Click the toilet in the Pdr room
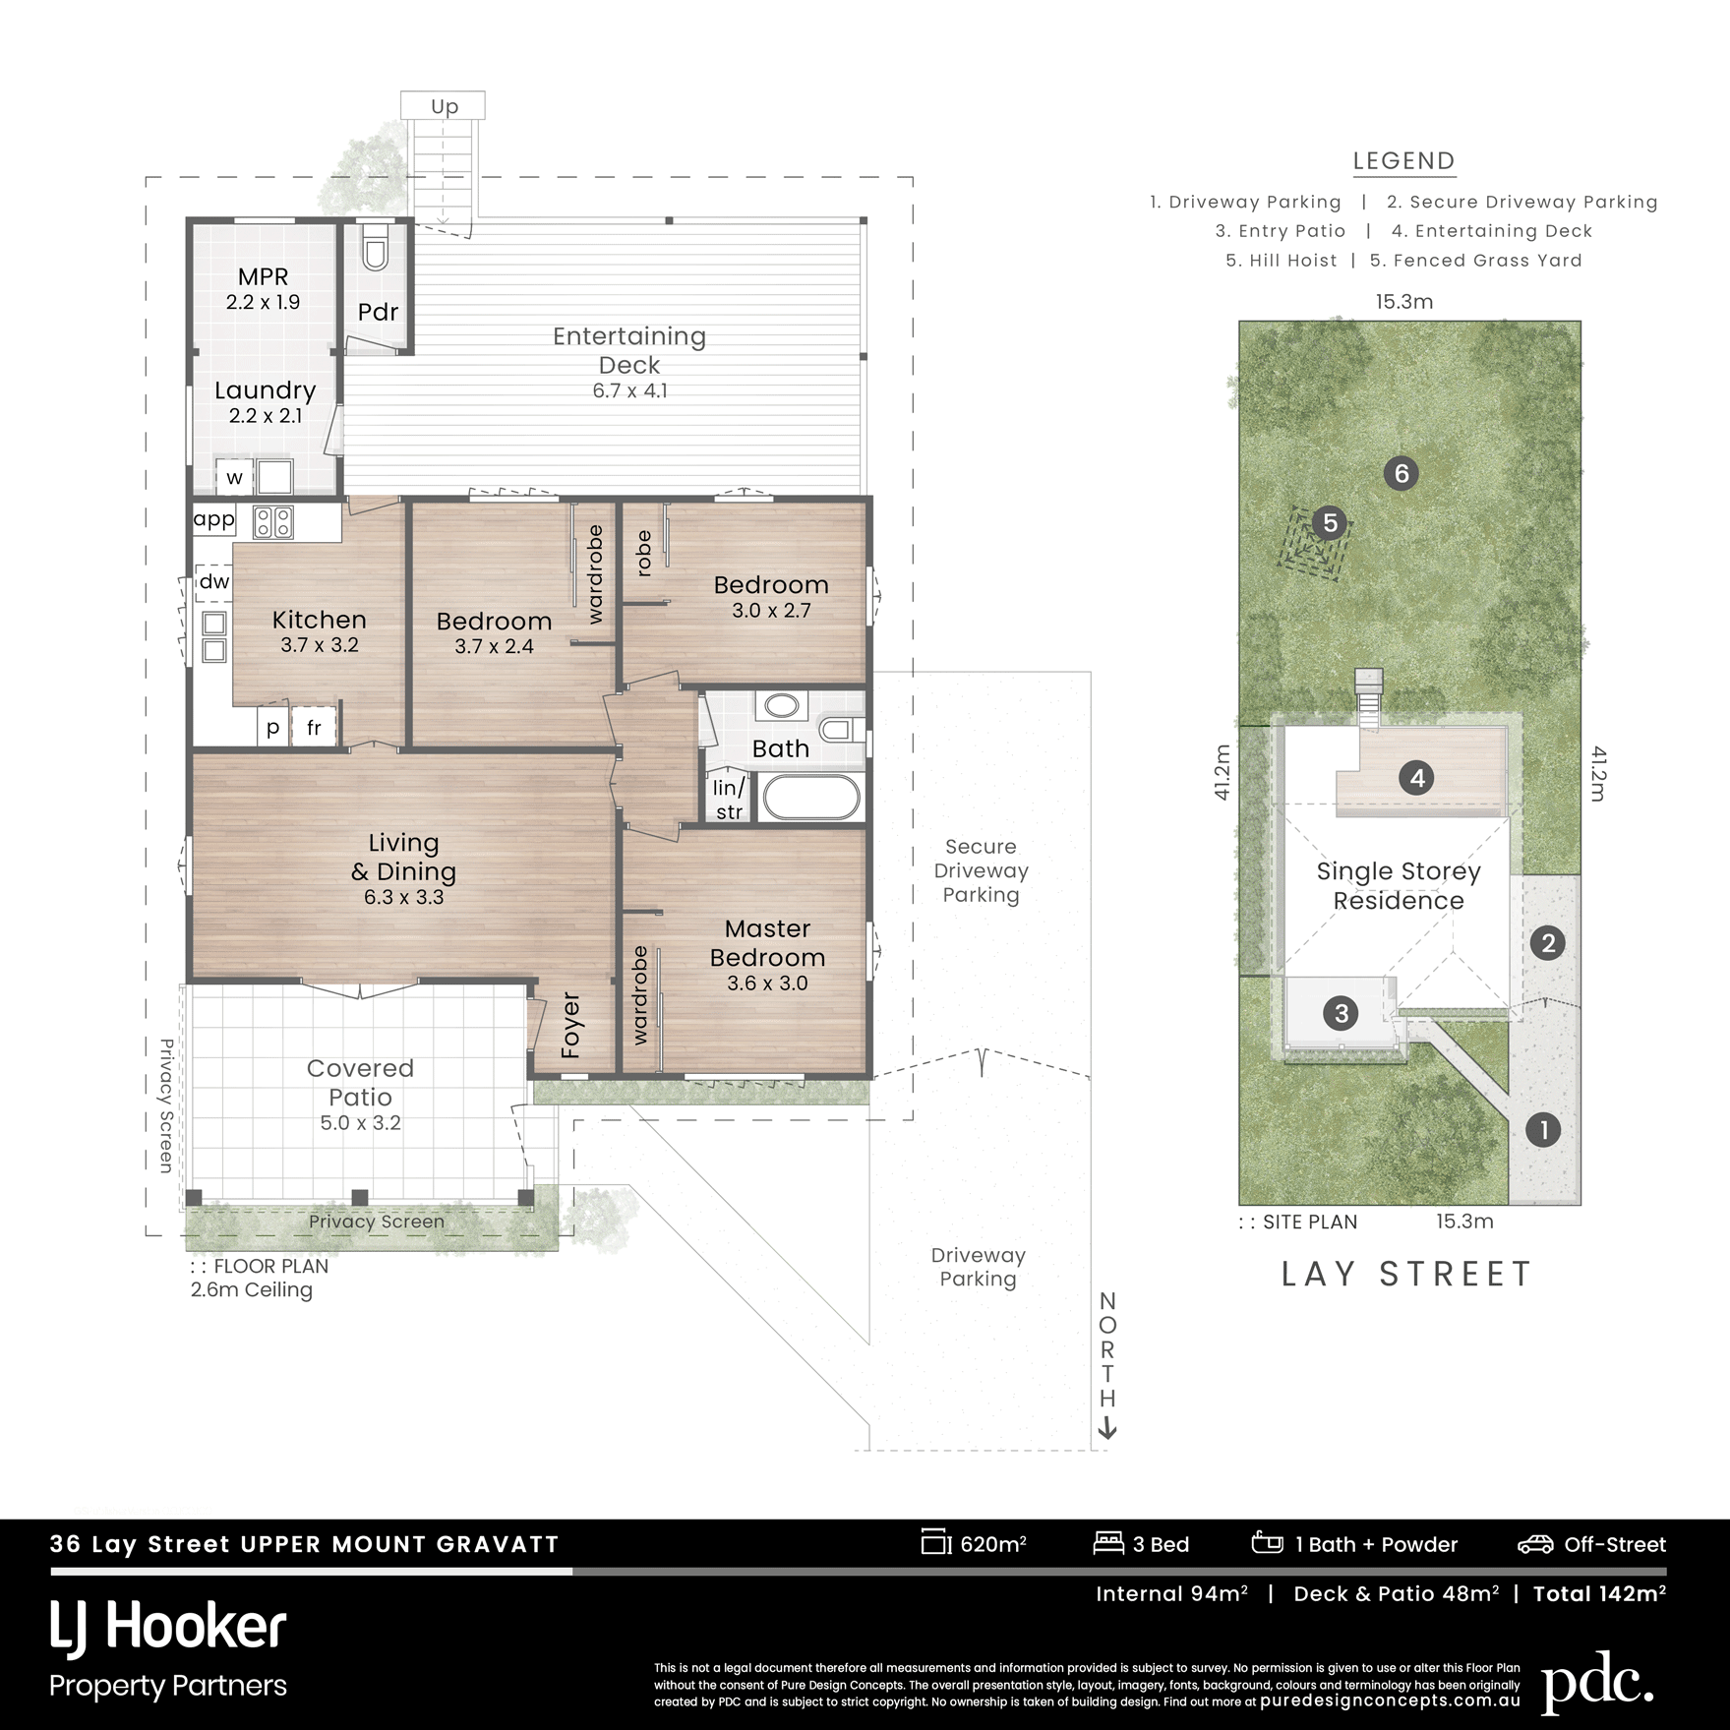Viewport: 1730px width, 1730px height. point(375,248)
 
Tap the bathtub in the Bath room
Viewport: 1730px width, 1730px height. point(812,798)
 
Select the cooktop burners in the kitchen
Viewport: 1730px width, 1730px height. point(273,521)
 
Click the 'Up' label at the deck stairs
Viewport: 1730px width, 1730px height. point(445,106)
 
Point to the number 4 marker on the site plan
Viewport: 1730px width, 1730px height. point(1417,778)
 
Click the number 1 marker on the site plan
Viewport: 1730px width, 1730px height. point(1543,1129)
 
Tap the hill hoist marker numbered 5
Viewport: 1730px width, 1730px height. point(1330,522)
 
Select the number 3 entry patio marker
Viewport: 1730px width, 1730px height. point(1341,1012)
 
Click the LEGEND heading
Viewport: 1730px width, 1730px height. point(1403,161)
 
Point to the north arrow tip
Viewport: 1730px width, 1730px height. point(1107,1439)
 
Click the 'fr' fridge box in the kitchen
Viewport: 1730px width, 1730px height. point(315,728)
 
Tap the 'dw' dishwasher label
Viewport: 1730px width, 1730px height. point(214,581)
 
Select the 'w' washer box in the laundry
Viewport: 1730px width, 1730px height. point(235,478)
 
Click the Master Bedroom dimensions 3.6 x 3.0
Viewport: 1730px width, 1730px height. point(767,983)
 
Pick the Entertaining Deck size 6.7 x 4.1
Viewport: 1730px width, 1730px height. point(629,390)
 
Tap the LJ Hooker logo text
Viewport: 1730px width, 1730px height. point(168,1628)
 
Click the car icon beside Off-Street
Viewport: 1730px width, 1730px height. point(1535,1544)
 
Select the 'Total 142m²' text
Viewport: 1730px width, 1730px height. point(1599,1593)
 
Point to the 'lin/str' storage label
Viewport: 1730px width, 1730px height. point(729,800)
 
